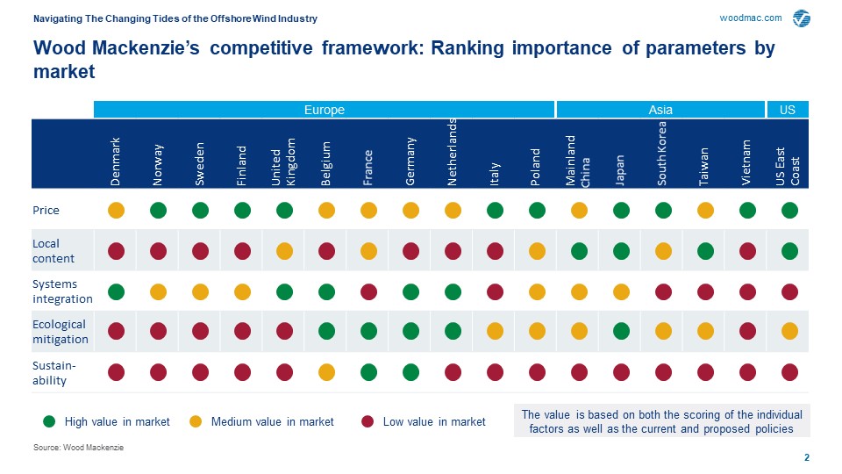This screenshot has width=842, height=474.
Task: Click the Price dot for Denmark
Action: (x=116, y=210)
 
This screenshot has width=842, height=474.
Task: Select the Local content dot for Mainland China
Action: (x=579, y=251)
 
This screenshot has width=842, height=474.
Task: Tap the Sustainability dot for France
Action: (x=368, y=372)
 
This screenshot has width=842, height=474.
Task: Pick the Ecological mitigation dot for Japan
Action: (x=621, y=331)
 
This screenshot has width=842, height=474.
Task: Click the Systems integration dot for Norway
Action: (x=158, y=291)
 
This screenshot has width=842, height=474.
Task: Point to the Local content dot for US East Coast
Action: (x=789, y=251)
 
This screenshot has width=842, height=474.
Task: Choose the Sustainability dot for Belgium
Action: (x=326, y=372)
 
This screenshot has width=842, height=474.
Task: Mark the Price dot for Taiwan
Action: (x=705, y=210)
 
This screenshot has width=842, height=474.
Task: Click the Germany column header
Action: (x=410, y=162)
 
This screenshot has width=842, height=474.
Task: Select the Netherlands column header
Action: (x=453, y=151)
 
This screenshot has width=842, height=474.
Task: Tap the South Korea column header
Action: (x=663, y=154)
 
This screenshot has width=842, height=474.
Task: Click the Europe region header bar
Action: (x=324, y=110)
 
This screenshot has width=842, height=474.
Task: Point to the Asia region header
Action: (x=660, y=110)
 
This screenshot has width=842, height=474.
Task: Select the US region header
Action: (x=788, y=110)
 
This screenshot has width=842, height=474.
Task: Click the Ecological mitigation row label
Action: (x=61, y=332)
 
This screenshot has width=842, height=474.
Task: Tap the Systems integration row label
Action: (x=62, y=291)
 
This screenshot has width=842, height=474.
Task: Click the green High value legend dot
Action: (x=49, y=422)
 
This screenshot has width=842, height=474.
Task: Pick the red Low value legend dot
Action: (x=367, y=422)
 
